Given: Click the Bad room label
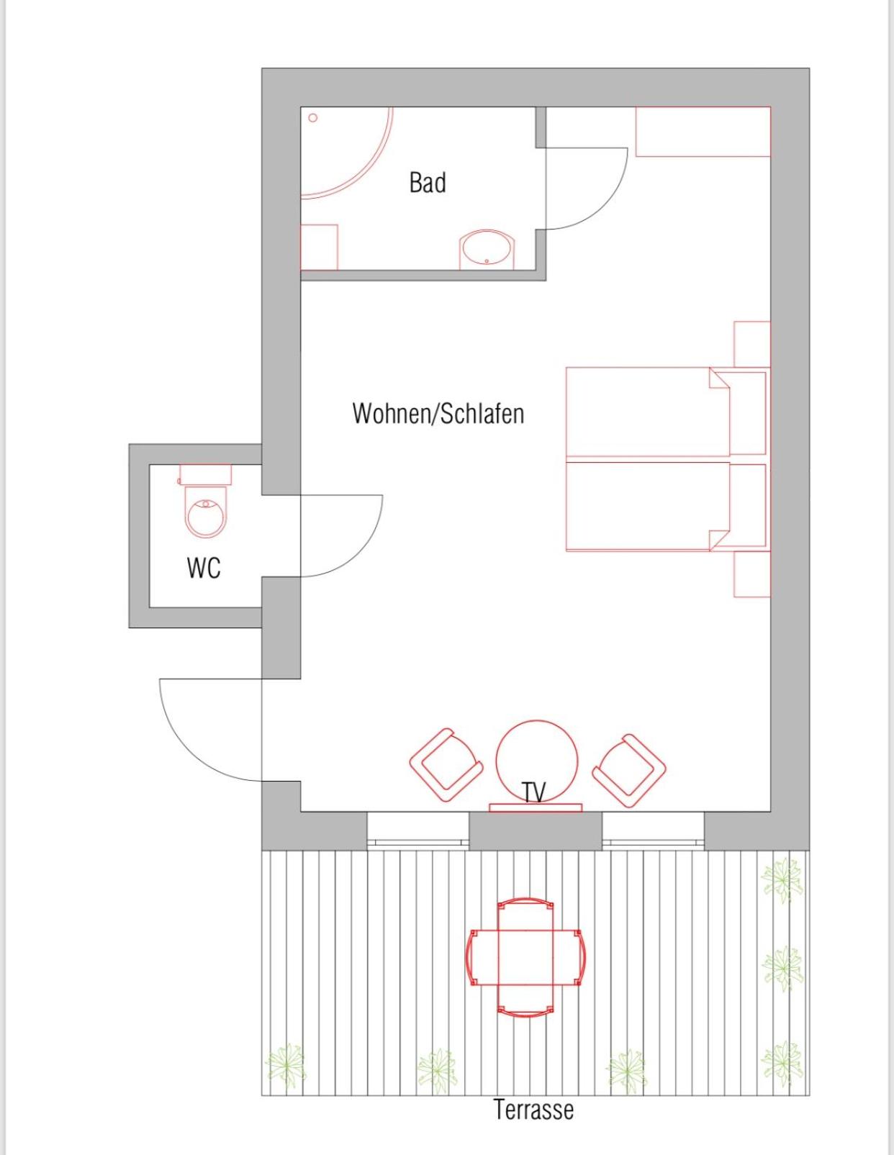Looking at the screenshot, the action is point(428,182).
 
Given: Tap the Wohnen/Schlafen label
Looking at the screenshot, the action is point(438,413).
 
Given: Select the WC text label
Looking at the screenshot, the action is point(204,568).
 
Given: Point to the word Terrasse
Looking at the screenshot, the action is point(533,1109).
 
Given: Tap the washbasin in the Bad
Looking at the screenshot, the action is point(487,250).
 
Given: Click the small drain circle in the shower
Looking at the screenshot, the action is point(313,117).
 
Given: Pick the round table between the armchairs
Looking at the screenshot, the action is point(536,761).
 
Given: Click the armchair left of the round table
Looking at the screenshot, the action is point(446,766).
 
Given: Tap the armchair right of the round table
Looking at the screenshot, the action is point(629,771).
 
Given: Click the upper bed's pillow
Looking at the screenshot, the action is point(747,413).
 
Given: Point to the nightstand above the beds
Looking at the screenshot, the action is point(752,344).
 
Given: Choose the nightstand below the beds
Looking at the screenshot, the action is point(752,574).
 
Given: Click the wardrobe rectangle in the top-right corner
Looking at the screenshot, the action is point(703,132).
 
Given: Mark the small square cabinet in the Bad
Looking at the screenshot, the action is point(319,247).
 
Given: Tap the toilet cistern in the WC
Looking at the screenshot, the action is point(205,475).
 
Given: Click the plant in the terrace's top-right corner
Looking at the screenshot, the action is point(782,879).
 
